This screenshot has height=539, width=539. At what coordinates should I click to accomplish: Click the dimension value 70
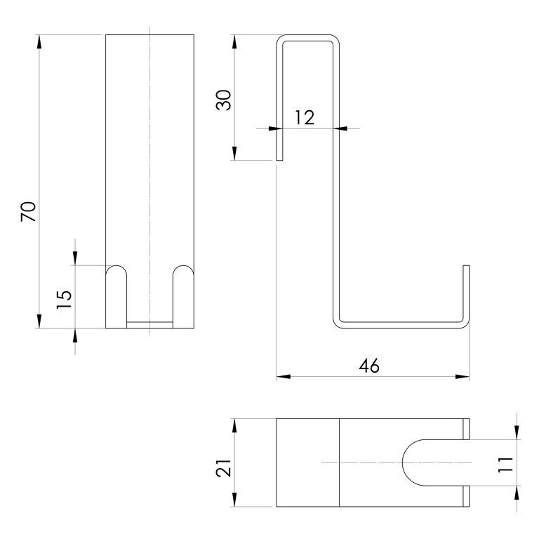pyautogui.click(x=29, y=211)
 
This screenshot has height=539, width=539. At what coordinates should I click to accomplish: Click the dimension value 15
pyautogui.click(x=65, y=300)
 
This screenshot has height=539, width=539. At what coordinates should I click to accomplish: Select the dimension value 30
pyautogui.click(x=223, y=100)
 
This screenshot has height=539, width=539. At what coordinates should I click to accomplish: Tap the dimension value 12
pyautogui.click(x=305, y=118)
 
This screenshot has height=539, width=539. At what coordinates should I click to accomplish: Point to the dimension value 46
pyautogui.click(x=369, y=366)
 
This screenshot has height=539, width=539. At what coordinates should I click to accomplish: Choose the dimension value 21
pyautogui.click(x=223, y=467)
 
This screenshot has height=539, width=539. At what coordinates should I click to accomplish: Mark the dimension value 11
pyautogui.click(x=505, y=465)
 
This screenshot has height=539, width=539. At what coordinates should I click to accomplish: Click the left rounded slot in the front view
pyautogui.click(x=117, y=297)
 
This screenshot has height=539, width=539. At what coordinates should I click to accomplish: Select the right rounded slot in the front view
pyautogui.click(x=183, y=297)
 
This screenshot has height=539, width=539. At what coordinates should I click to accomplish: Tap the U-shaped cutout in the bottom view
pyautogui.click(x=403, y=463)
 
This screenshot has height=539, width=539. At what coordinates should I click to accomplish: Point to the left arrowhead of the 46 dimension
pyautogui.click(x=284, y=377)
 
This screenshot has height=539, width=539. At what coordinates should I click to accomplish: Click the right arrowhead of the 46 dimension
pyautogui.click(x=463, y=377)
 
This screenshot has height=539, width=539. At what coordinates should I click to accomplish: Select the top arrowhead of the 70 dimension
pyautogui.click(x=39, y=41)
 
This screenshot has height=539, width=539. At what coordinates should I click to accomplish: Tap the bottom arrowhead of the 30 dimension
pyautogui.click(x=234, y=153)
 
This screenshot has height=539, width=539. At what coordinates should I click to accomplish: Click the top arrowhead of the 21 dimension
pyautogui.click(x=234, y=425)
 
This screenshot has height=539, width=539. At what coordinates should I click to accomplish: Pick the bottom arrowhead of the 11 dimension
pyautogui.click(x=517, y=493)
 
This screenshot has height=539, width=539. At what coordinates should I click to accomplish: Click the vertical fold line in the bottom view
pyautogui.click(x=339, y=463)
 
